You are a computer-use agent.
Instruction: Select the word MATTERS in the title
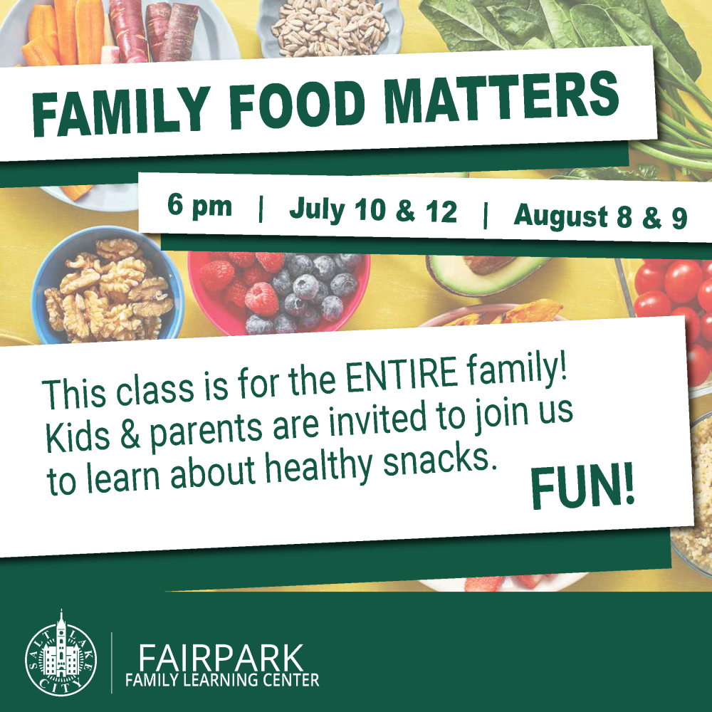coord(502,96)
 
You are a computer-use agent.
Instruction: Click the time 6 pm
coord(199,206)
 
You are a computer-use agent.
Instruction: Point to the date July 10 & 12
coord(373,210)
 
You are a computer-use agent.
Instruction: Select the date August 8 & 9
coord(600,216)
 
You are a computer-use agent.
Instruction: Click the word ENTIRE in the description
coord(402,375)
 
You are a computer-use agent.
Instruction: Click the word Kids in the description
coord(77,436)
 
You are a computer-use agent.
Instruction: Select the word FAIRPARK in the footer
coord(221,657)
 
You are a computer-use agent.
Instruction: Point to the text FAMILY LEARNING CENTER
coord(222,680)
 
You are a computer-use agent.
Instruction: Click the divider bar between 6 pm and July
coord(261,209)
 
